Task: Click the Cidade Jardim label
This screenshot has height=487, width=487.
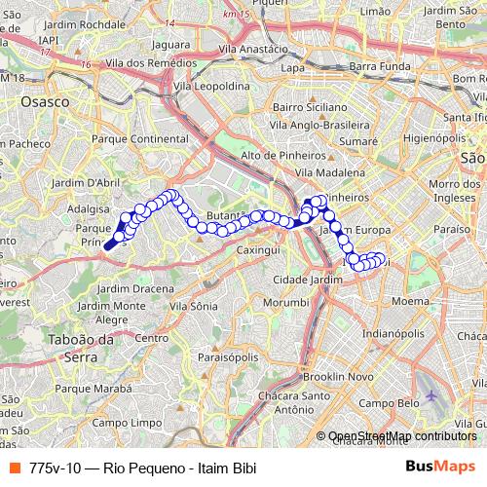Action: click(x=309, y=280)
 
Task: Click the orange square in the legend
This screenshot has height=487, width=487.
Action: click(x=13, y=467)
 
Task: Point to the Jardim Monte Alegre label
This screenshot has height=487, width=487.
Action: click(x=114, y=312)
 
